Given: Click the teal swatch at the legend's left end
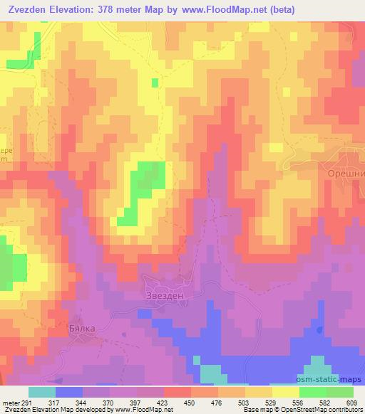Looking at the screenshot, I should [42, 392].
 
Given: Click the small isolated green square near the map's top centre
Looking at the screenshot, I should [155, 83].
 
